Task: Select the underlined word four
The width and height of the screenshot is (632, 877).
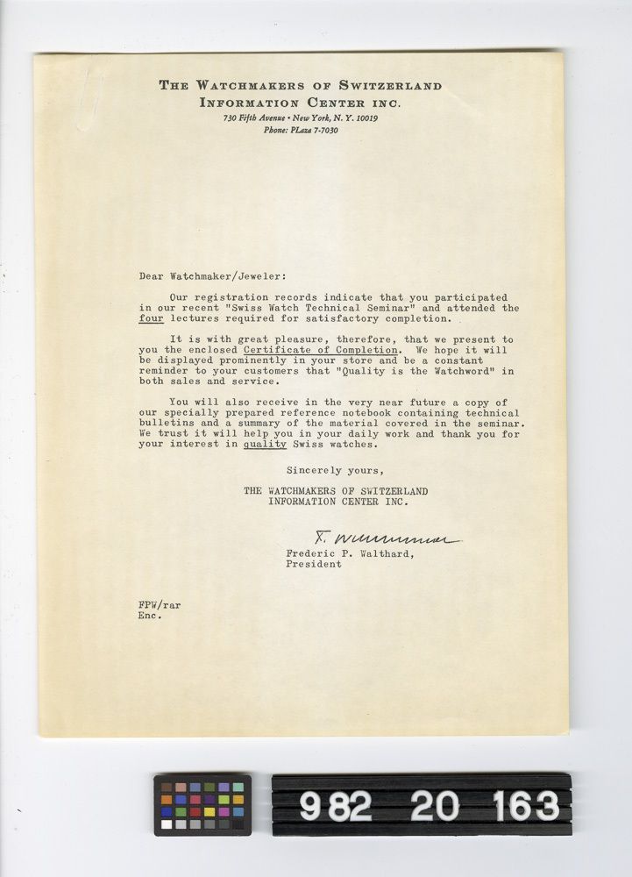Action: pos(152,320)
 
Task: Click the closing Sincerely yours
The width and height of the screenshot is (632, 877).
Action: pos(346,470)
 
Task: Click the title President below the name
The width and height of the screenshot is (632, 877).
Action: pos(313,565)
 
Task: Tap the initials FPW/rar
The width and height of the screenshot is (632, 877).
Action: pos(160,605)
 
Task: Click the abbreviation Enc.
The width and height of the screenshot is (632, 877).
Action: pos(150,616)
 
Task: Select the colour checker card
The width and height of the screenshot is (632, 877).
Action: pos(202,804)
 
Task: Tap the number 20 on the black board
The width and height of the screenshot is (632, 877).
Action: pos(434,805)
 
